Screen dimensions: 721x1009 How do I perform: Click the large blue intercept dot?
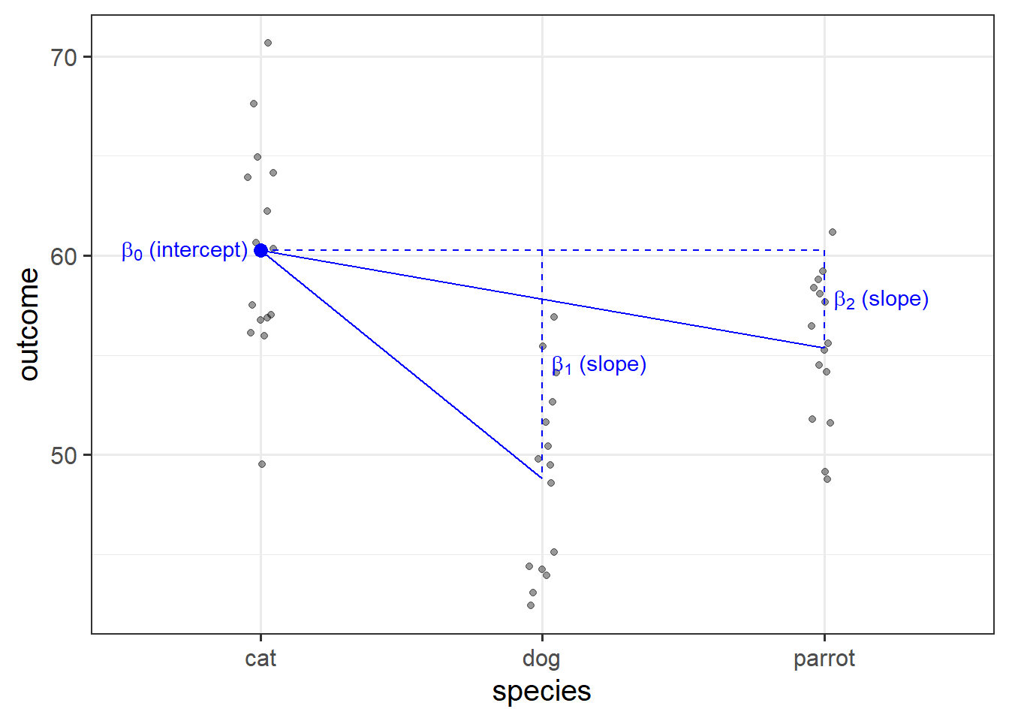pos(261,250)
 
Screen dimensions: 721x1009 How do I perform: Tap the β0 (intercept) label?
pos(184,250)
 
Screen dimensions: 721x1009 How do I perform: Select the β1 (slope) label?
pos(598,365)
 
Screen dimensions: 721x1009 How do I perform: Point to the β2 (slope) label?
pos(881,300)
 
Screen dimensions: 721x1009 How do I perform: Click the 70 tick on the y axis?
pos(65,57)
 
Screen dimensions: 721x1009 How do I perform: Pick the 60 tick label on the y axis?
pos(65,256)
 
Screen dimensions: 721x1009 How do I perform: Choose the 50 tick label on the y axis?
pos(65,455)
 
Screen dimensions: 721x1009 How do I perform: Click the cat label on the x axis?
pos(261,659)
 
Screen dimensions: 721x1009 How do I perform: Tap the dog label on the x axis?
pos(541,659)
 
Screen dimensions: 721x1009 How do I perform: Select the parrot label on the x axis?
pos(824,659)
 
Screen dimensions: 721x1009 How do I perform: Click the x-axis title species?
pos(541,691)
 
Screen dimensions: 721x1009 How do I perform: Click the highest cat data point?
pos(268,43)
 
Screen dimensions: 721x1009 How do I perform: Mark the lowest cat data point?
pos(262,464)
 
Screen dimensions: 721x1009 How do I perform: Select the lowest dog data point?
pos(531,605)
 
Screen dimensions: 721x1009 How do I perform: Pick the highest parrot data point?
pos(833,232)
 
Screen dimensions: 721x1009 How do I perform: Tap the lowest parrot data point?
pos(827,479)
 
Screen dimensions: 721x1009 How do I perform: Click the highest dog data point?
pos(554,317)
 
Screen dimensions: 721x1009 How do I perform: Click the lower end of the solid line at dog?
pos(542,478)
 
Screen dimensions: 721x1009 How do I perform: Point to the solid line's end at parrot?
pos(824,348)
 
